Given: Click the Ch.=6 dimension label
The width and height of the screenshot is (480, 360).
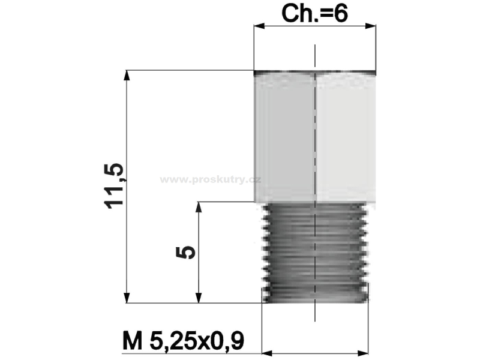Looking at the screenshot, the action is pos(314,14).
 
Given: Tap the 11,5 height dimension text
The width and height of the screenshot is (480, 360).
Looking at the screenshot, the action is pos(113,186).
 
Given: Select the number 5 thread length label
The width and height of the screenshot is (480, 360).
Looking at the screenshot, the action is pos(185,252).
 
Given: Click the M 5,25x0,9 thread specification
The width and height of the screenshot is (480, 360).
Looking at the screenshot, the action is pos(184,340).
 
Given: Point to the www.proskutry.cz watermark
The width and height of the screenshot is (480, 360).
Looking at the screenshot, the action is pos(211,179).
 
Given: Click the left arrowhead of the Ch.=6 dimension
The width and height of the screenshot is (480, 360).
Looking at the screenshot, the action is pos(259,26).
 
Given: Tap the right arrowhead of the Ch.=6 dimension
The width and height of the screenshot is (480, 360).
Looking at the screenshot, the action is pos(371,26).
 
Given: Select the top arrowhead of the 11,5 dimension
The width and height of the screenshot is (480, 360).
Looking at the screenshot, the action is pos(127,76).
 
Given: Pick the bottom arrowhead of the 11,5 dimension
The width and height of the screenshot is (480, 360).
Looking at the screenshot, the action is pos(127,298).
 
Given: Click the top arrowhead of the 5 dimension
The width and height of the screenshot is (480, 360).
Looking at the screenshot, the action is pos(199,207).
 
